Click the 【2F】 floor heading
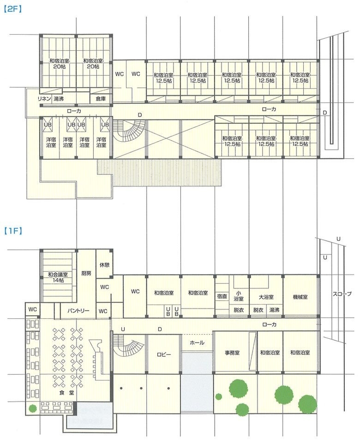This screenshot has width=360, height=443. [13, 9]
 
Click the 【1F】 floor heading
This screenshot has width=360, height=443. [13, 229]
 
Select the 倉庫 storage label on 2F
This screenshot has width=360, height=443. [101, 98]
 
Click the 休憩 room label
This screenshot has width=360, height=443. [104, 265]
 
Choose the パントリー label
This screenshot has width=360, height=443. [75, 311]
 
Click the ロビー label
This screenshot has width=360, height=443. [163, 354]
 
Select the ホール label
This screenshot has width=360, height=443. [197, 343]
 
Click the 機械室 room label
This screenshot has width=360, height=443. [300, 297]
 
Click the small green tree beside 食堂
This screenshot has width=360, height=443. [32, 408]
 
